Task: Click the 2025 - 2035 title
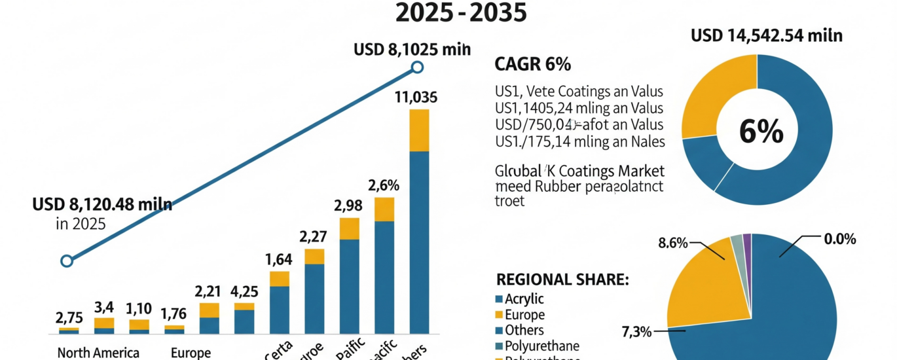click(462, 13)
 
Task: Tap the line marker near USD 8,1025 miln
click(417, 67)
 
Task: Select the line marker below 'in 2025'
click(66, 261)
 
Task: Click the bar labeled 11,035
click(419, 223)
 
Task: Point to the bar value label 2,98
click(348, 206)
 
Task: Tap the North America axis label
click(98, 353)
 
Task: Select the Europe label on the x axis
click(191, 353)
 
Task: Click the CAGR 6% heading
click(534, 64)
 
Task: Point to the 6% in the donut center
click(761, 132)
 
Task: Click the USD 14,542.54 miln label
click(767, 35)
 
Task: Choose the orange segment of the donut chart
click(714, 92)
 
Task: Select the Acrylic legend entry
click(524, 299)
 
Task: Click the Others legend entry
click(524, 330)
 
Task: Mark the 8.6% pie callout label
click(672, 243)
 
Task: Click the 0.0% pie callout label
click(840, 240)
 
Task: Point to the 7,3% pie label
click(635, 332)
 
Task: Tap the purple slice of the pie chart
click(747, 240)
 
